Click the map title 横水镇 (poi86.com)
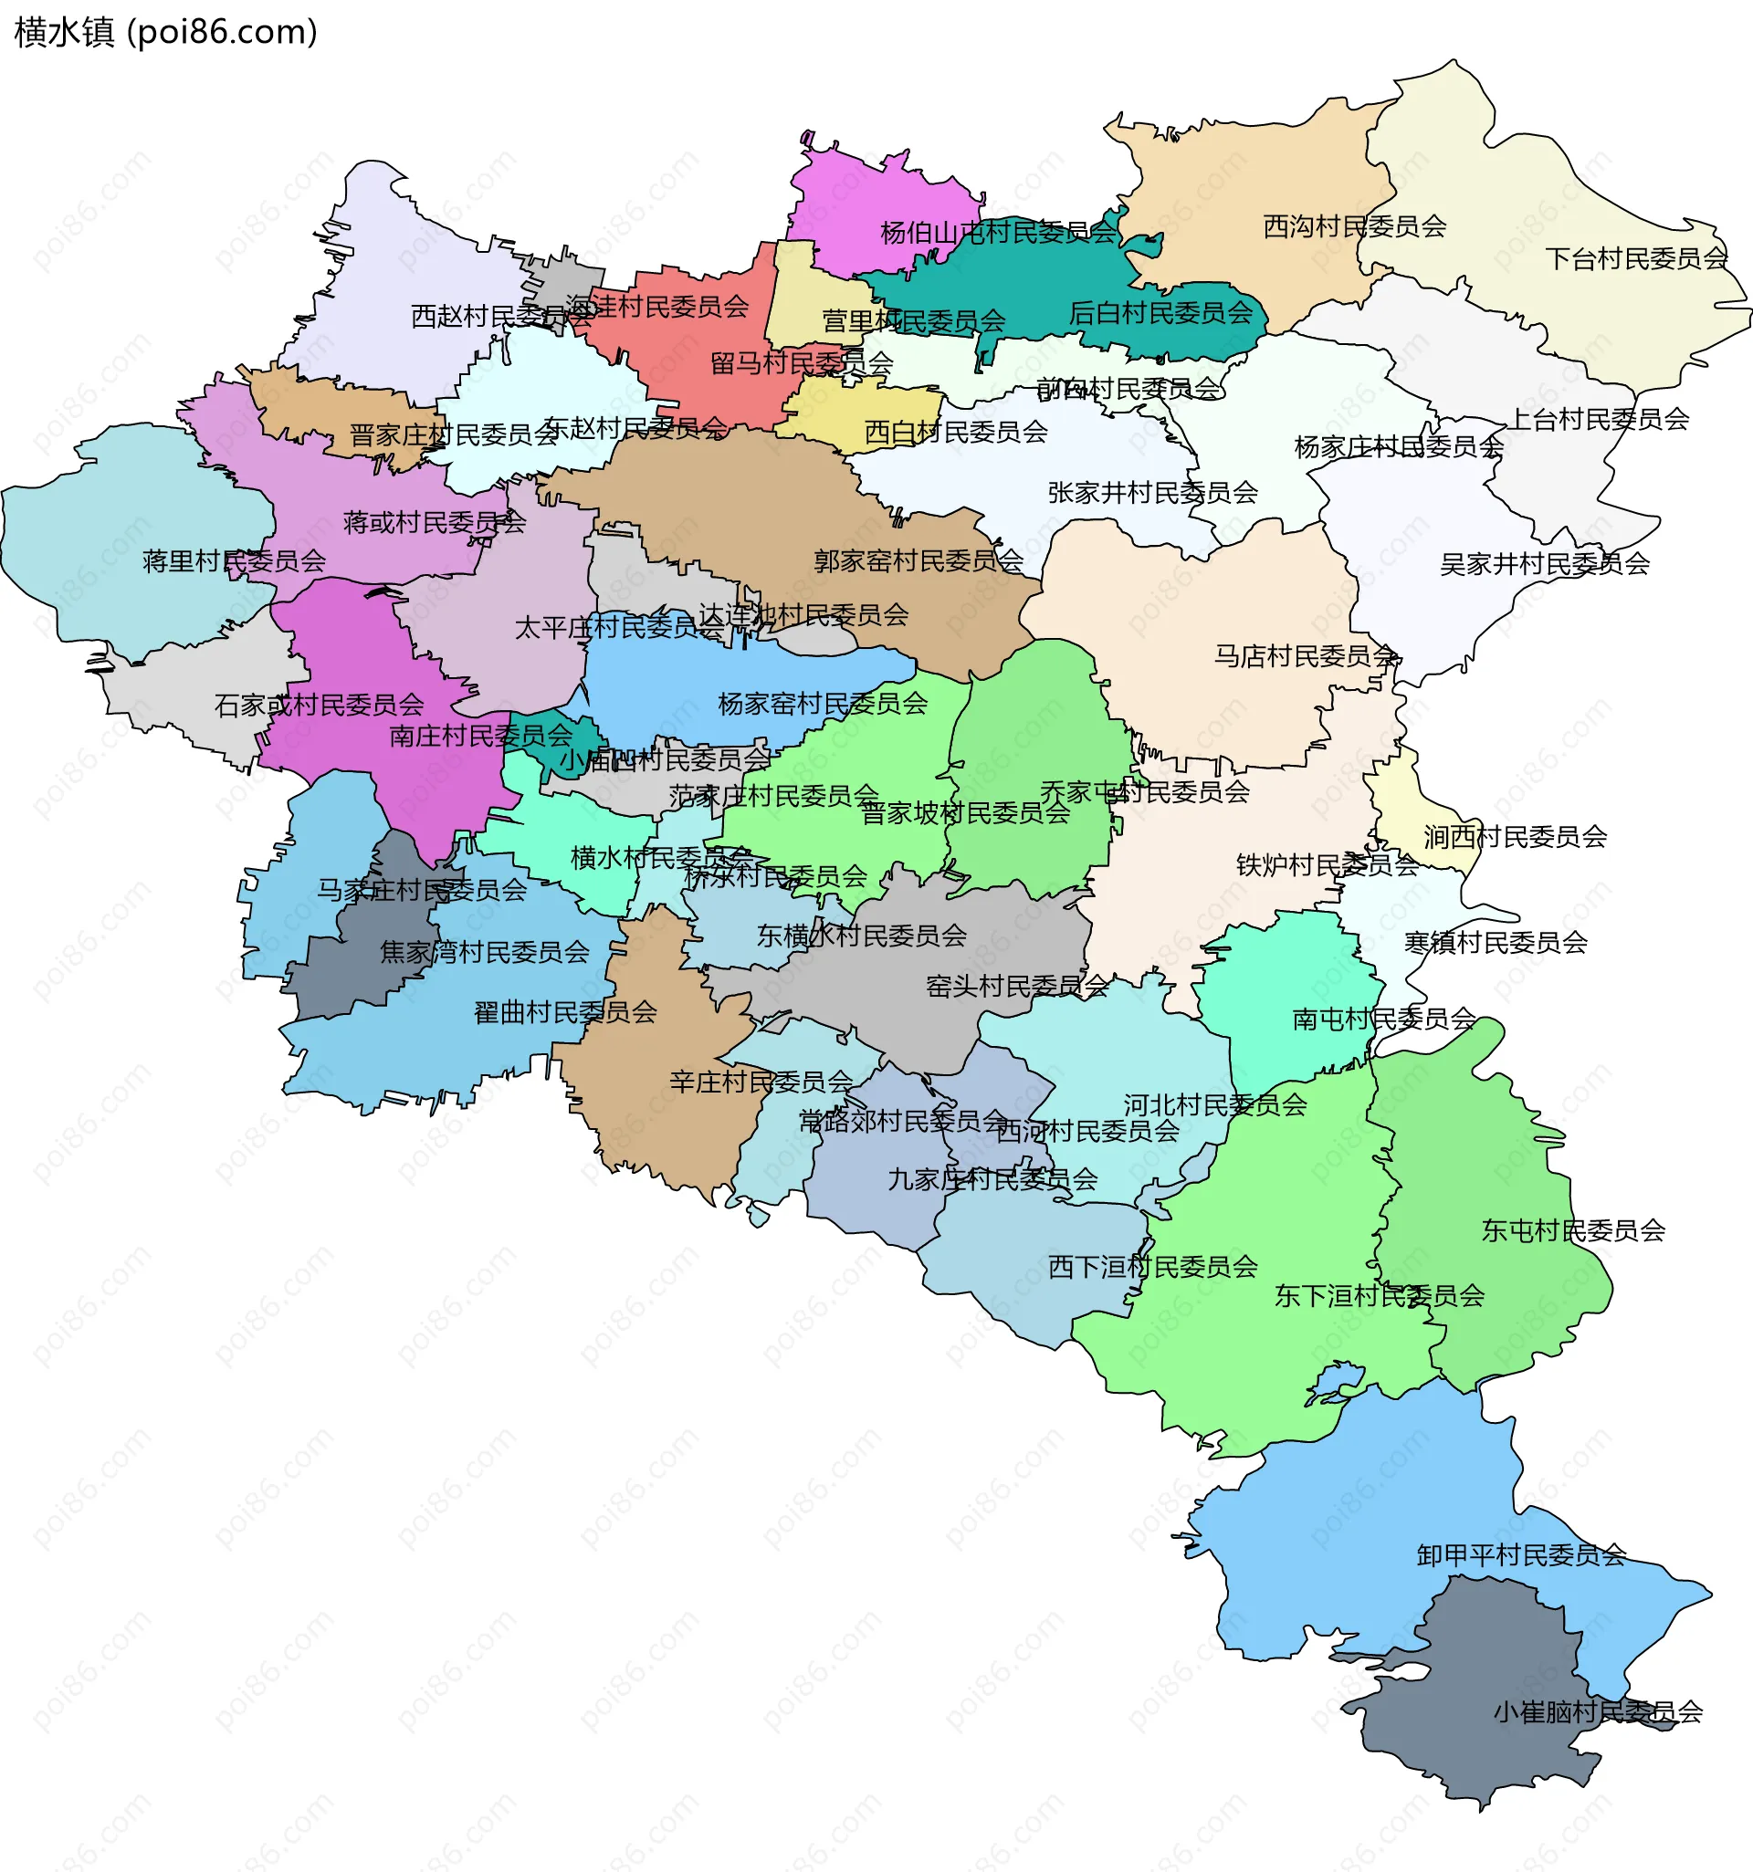tap(166, 32)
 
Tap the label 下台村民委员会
tap(1636, 258)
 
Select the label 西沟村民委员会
tap(1354, 226)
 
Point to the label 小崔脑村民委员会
tap(1598, 1711)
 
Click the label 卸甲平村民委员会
tap(1521, 1554)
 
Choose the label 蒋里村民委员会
tap(234, 561)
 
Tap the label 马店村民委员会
tap(1305, 655)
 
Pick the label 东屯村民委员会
tap(1573, 1229)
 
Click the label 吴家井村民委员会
tap(1545, 563)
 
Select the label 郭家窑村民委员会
tap(918, 560)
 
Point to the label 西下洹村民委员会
tap(1153, 1267)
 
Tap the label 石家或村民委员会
tap(319, 705)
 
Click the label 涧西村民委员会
tap(1515, 836)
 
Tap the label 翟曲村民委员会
tap(565, 1012)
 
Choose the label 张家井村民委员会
tap(1153, 492)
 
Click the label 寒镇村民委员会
tap(1495, 942)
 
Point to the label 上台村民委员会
tap(1599, 418)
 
